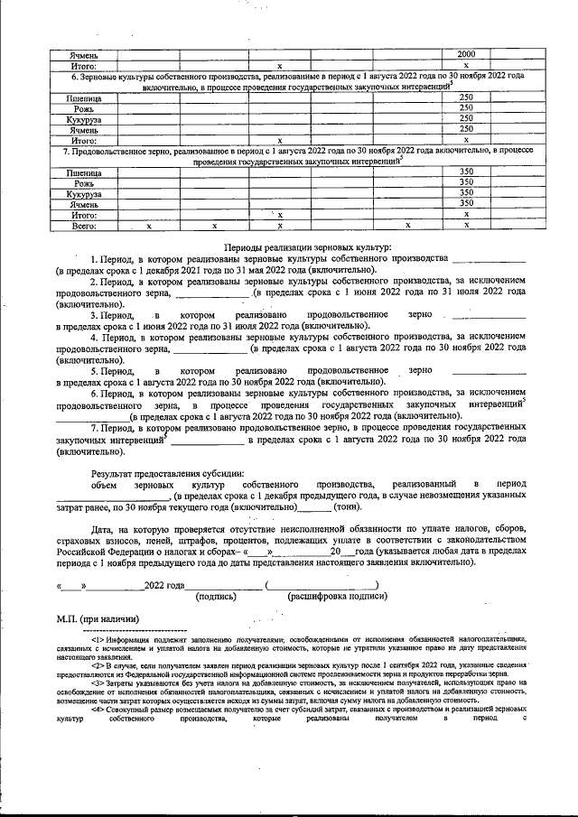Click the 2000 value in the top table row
466,54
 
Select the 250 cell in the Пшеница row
466,97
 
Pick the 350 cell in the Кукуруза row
466,192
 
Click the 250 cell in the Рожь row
466,108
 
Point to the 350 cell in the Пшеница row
466,172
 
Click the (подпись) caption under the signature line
216,595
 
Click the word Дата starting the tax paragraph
105,528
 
